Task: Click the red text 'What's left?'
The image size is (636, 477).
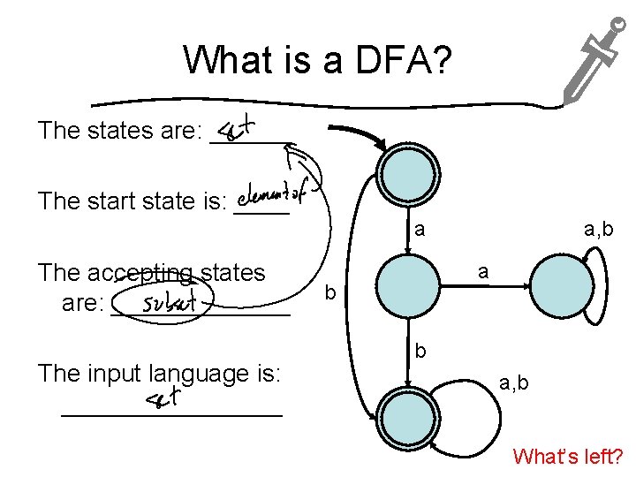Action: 568,457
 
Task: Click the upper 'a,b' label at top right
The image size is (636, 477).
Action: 600,231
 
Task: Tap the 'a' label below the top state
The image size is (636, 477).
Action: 420,231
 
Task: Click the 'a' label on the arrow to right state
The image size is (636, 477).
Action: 482,272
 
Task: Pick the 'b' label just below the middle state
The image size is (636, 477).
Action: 421,351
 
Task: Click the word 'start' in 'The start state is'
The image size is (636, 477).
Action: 109,201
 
